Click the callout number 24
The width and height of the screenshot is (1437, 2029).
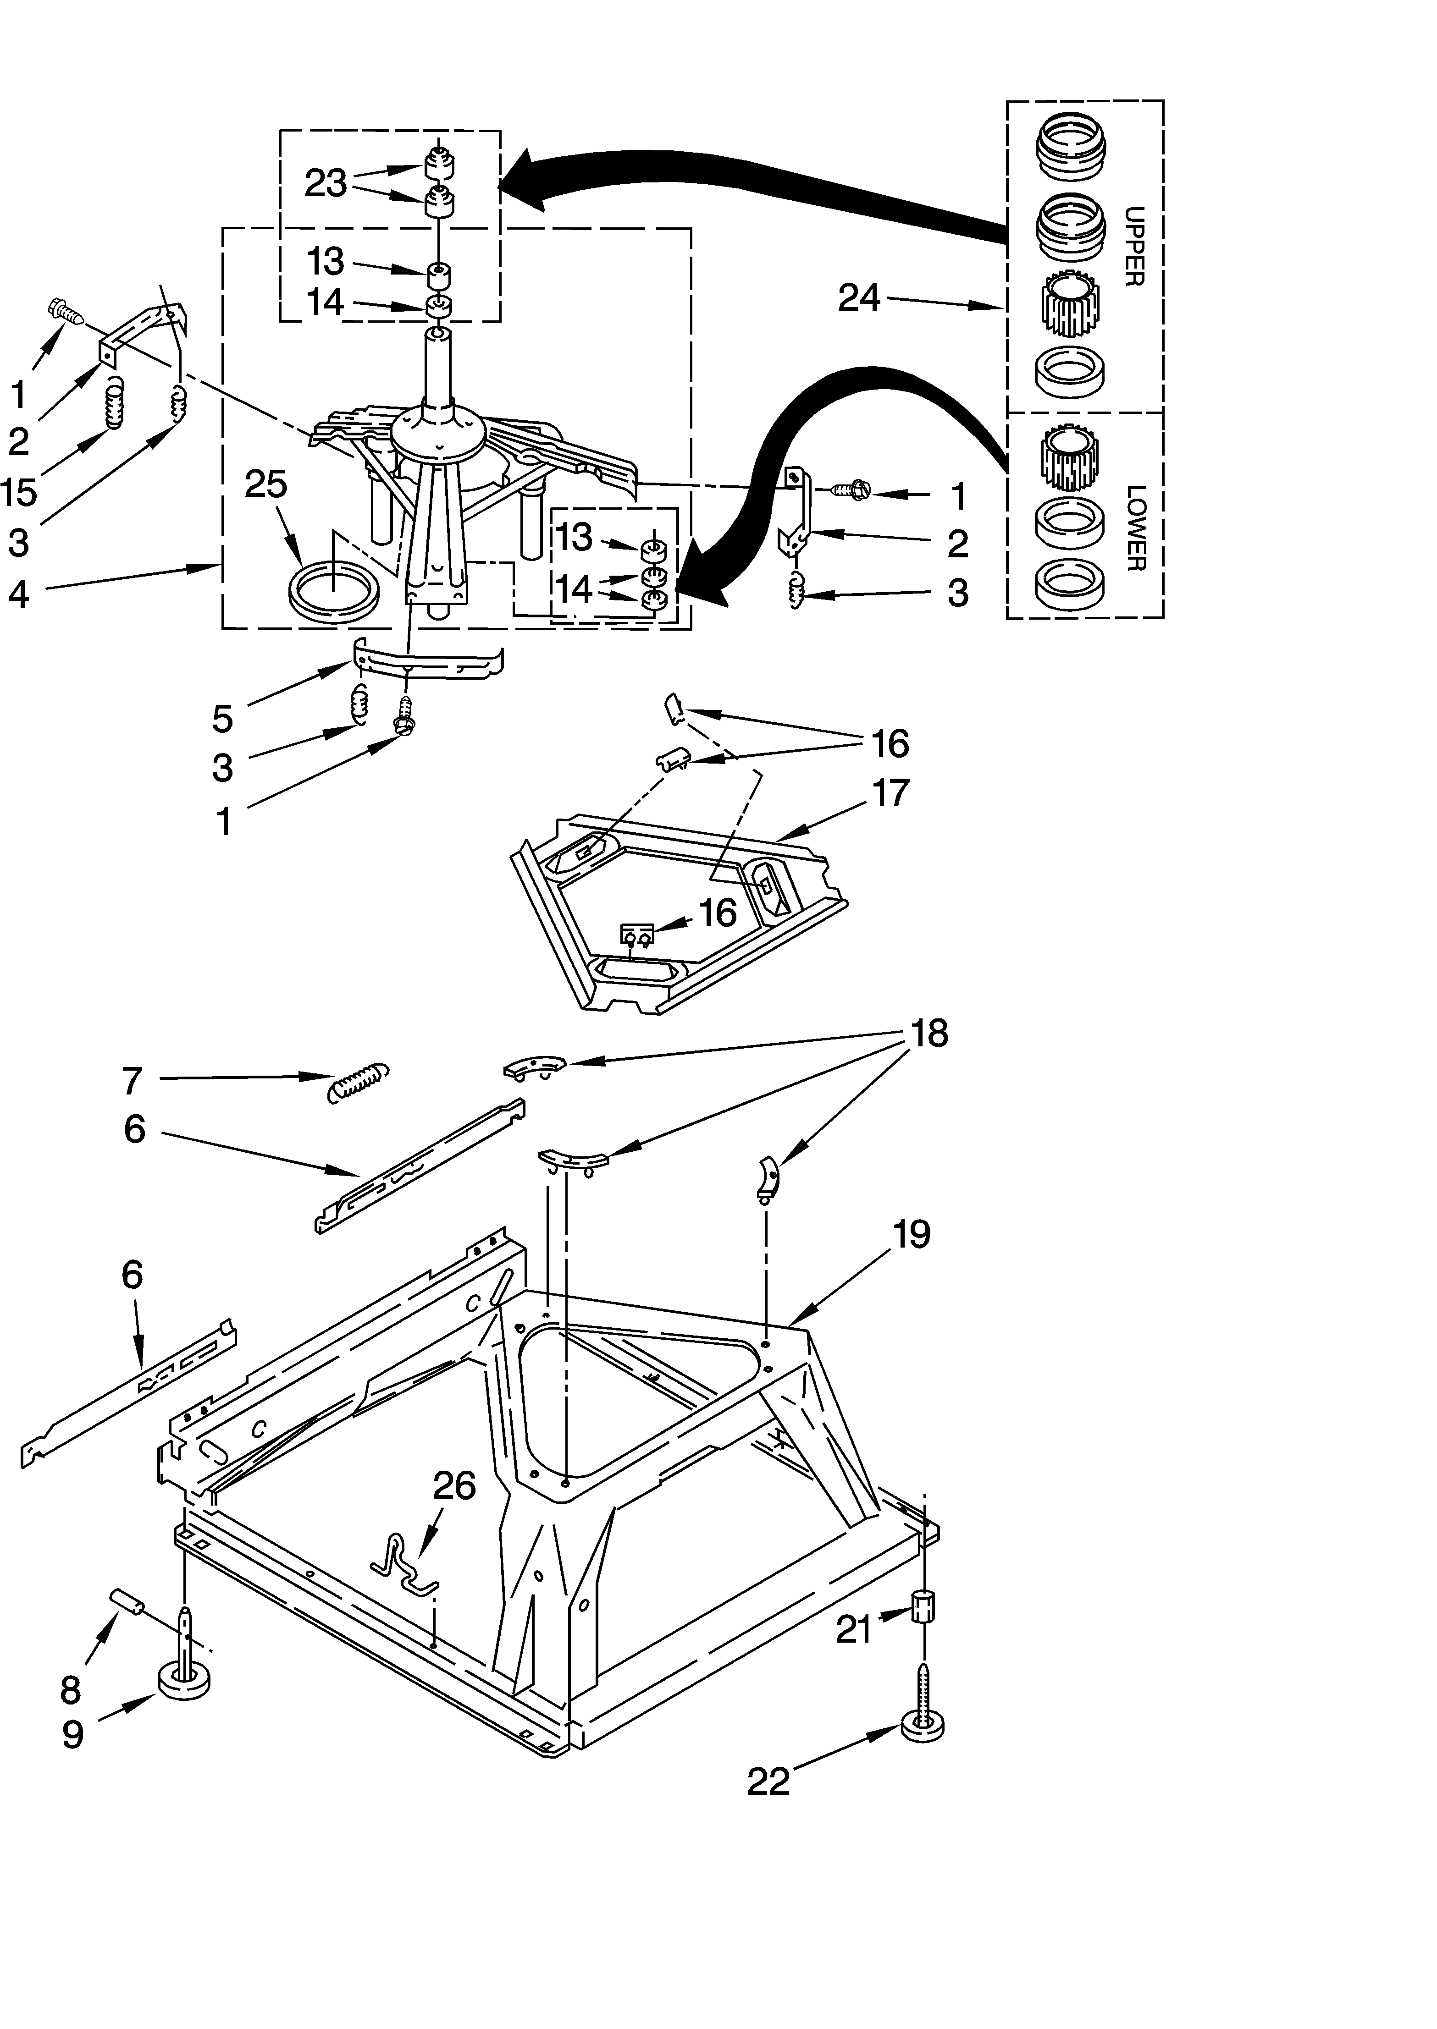[859, 298]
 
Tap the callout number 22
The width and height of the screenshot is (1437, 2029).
[768, 1782]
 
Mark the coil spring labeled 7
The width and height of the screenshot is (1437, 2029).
[358, 1081]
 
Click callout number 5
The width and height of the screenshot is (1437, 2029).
[223, 719]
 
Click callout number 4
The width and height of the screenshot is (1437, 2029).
[19, 594]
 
